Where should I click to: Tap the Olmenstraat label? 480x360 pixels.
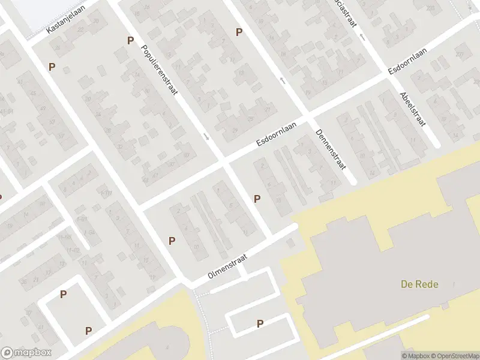pos(228,264)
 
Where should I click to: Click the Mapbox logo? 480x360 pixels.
pos(26,353)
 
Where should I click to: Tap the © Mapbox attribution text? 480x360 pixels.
pos(415,356)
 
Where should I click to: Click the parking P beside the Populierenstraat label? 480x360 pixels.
pos(130,41)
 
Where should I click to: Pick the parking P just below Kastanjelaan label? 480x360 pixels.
pos(52,67)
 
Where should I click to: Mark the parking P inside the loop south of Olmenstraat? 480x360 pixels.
pos(260,323)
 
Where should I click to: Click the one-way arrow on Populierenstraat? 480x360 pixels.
pos(207,137)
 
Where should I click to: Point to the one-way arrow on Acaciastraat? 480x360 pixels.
pos(362,37)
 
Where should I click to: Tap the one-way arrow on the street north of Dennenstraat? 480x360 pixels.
pos(281,79)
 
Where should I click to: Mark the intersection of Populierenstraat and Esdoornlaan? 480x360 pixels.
pos(223,160)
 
